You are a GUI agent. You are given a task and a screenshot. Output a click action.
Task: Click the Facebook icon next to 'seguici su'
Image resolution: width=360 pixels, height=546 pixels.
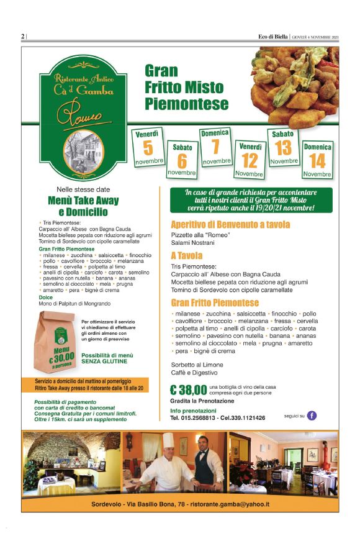(312, 416)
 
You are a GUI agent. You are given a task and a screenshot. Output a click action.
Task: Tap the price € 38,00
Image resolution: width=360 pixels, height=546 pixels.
(188, 390)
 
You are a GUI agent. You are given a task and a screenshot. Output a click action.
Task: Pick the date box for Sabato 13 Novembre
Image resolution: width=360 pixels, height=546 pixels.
(284, 147)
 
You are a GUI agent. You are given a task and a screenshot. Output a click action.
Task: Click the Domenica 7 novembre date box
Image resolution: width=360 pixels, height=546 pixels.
(215, 147)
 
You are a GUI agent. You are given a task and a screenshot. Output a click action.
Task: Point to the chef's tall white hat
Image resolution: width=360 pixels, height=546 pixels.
(168, 440)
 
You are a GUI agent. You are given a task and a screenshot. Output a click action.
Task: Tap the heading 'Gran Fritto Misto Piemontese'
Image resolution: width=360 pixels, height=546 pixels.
(186, 88)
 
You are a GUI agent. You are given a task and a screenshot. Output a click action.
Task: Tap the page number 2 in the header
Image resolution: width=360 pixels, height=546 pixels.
(23, 36)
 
